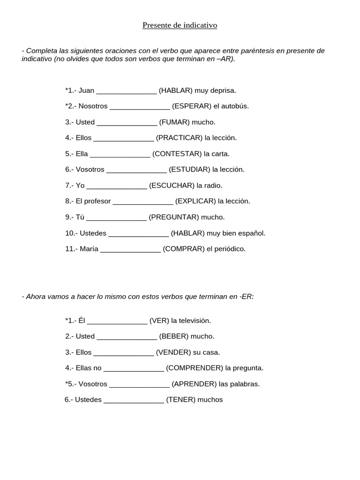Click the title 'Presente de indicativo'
click(x=180, y=25)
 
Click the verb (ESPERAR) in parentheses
click(x=192, y=106)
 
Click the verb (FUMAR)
click(x=174, y=122)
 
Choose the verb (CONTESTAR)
click(x=177, y=154)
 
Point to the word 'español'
click(x=253, y=233)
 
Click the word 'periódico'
click(x=230, y=249)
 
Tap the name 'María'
click(x=89, y=249)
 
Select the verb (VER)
click(x=159, y=321)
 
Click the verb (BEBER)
click(x=174, y=336)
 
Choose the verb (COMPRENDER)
click(x=195, y=368)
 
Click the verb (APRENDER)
click(x=194, y=384)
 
